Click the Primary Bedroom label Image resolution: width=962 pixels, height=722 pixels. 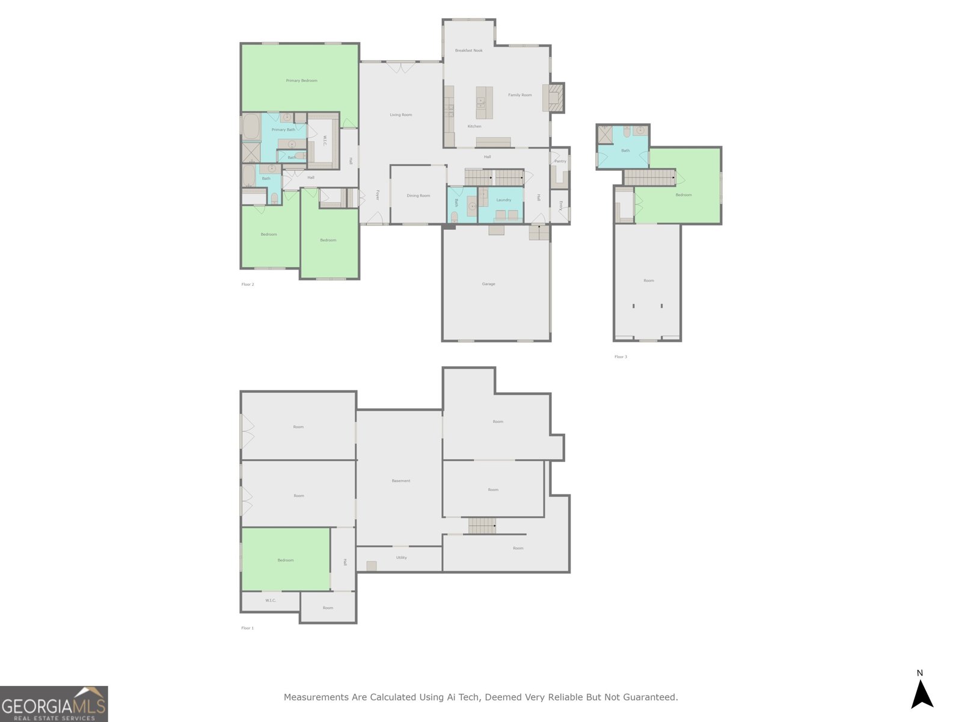tap(301, 81)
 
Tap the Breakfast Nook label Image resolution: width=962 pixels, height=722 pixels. tap(468, 51)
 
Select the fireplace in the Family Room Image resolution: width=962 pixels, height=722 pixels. tap(554, 97)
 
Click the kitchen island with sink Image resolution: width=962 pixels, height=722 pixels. tap(484, 103)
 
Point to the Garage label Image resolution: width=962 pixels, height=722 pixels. tap(488, 284)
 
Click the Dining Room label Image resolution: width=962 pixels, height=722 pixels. tap(418, 196)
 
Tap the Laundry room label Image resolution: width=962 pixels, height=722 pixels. tap(503, 200)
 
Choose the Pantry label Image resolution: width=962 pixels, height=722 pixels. tap(560, 161)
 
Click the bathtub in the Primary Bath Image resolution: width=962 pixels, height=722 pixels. tap(251, 127)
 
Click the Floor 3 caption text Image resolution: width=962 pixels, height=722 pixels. tap(620, 357)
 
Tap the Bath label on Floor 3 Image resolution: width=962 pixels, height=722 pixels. tap(625, 150)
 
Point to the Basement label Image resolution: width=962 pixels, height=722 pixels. tap(400, 481)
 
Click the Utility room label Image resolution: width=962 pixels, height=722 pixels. tap(401, 558)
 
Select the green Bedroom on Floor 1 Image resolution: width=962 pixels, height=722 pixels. tap(286, 560)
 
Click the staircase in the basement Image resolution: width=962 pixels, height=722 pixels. tap(482, 525)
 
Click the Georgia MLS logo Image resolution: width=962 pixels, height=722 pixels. tap(54, 704)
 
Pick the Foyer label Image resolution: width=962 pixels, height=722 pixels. tap(378, 195)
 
